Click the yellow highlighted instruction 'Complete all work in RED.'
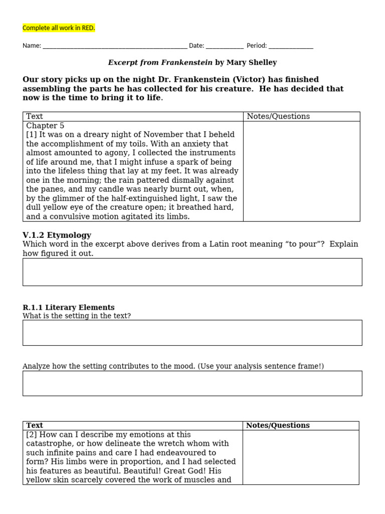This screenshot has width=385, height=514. (x=59, y=28)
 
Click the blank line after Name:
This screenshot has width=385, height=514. (x=115, y=46)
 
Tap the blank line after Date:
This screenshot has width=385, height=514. (x=225, y=46)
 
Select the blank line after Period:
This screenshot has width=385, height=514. (x=291, y=46)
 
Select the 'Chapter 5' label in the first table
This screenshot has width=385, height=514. (x=45, y=125)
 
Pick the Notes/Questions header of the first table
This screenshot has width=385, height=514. (x=278, y=116)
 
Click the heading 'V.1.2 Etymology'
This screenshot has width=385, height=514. (x=57, y=235)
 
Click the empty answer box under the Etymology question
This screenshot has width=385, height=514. (x=192, y=272)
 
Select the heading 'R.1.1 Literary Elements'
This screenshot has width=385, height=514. (x=69, y=307)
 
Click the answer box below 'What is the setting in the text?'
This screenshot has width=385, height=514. (x=192, y=332)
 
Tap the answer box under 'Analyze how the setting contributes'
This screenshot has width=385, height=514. (x=192, y=383)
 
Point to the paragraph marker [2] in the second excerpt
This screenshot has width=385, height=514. (x=32, y=435)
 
